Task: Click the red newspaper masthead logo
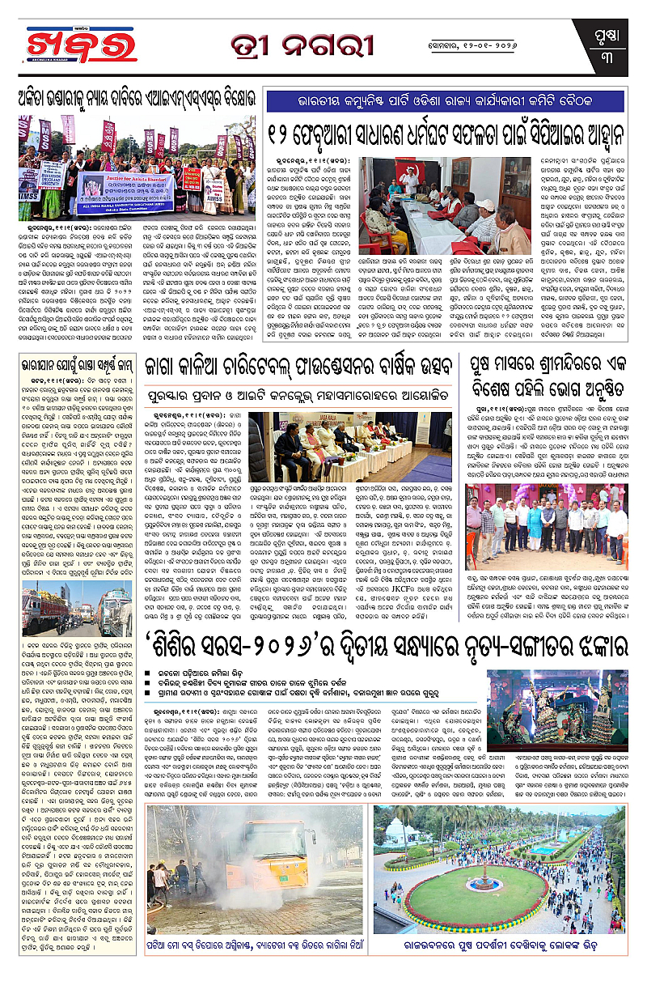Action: coord(80,44)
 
